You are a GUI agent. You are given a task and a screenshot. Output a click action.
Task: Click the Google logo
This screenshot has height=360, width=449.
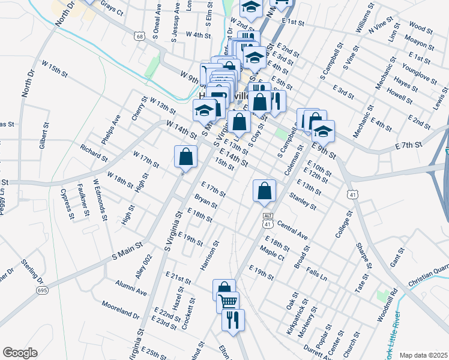pos(20,353)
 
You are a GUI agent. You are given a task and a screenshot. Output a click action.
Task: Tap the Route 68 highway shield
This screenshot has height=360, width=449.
pos(140,37)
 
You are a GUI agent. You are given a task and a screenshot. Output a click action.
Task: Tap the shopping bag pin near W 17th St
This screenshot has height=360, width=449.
pos(186,157)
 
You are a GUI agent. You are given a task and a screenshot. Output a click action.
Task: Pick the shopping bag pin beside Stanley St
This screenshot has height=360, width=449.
pos(264,191)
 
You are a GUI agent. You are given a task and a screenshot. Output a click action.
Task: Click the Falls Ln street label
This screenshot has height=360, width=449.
pos(316,275)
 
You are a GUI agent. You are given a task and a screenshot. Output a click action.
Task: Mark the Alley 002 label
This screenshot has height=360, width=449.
pos(142,266)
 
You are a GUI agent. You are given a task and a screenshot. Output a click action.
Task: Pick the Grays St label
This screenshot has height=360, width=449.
pos(112,8)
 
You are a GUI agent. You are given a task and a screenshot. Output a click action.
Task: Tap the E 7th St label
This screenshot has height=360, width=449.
pos(410,145)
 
